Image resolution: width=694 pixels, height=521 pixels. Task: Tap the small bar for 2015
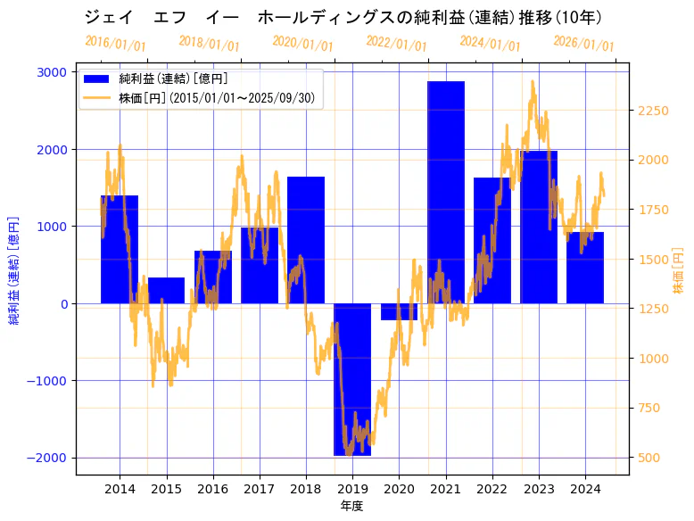[166, 291]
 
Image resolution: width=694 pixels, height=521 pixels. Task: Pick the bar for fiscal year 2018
[306, 240]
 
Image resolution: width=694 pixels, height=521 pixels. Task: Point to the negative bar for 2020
[399, 311]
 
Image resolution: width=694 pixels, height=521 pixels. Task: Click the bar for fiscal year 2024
[585, 268]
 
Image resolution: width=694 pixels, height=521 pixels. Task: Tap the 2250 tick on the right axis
[653, 111]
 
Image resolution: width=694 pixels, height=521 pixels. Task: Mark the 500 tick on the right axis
[649, 458]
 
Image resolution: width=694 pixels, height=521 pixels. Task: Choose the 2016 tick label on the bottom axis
[212, 489]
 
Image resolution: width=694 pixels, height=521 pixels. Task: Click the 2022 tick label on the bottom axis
[492, 489]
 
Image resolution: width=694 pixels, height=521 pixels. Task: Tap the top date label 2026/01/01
[583, 43]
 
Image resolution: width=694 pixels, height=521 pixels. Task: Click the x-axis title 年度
[351, 506]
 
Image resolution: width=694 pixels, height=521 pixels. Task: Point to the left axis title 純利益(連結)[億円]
[14, 269]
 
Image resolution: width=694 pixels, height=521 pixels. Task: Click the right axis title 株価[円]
[678, 272]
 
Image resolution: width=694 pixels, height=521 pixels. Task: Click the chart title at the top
[343, 17]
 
